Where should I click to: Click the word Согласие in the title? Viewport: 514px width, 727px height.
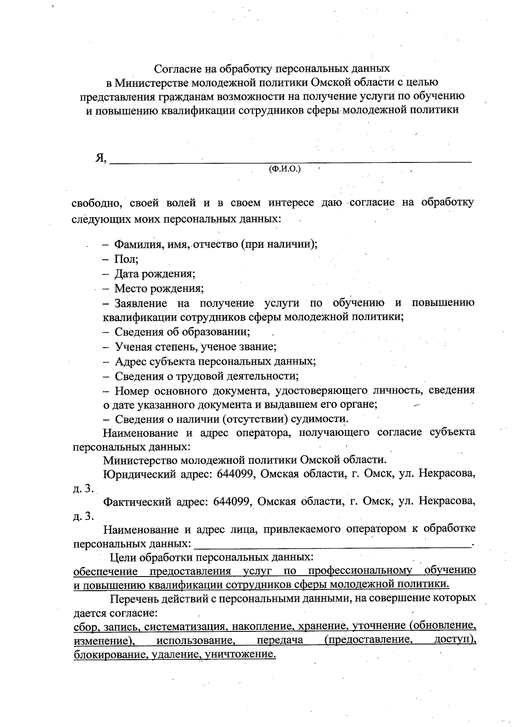coord(174,68)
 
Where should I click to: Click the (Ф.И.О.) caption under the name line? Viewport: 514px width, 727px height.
coord(284,169)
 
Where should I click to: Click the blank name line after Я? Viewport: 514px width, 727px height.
coord(291,161)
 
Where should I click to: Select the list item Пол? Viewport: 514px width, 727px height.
coord(126,259)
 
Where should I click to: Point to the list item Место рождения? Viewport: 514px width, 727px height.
coord(159,288)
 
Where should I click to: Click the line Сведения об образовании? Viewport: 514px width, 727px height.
coord(182,332)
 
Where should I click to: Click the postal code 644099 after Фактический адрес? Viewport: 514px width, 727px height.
coord(232,502)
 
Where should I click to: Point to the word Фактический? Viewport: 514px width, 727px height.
coord(137,502)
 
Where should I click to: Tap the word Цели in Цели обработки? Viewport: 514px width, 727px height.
coord(120,558)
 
